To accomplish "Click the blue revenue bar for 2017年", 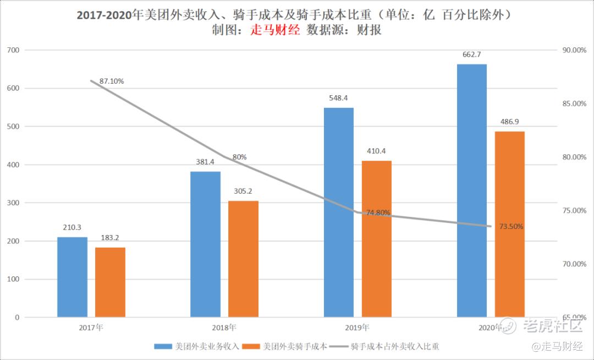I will pos(72,277).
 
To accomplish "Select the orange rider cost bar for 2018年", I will pos(243,259).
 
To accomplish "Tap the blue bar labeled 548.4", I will pos(339,212).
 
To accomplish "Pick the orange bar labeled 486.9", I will pos(509,224).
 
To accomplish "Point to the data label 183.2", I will pos(110,238).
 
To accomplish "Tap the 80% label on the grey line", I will pos(239,157).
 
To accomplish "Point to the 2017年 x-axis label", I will pos(91,328).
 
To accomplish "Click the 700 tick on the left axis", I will pos(14,50).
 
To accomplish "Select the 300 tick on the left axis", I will pos(14,203).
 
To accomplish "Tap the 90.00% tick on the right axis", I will pos(574,50).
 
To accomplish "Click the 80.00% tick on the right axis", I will pos(574,157).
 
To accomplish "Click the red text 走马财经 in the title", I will pos(275,31).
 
